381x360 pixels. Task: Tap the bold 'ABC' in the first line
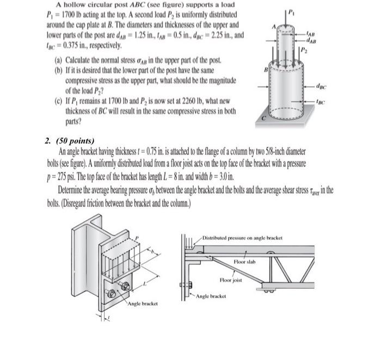133,4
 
